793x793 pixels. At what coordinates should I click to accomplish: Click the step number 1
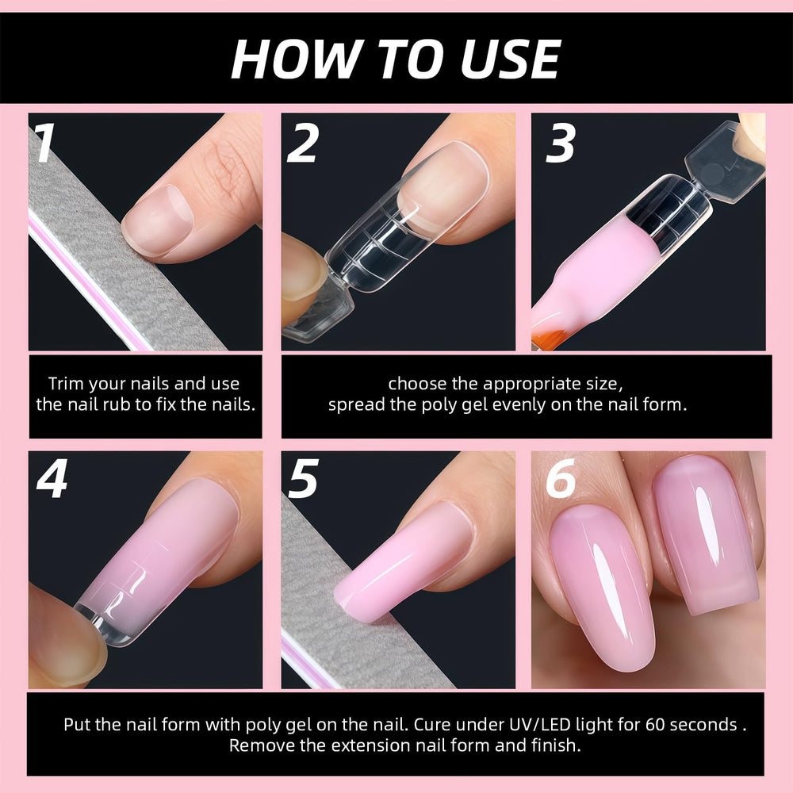click(x=44, y=143)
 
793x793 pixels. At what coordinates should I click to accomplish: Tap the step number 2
click(x=302, y=143)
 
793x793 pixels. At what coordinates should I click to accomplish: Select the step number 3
click(x=561, y=143)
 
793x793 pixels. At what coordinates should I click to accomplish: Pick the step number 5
click(x=303, y=478)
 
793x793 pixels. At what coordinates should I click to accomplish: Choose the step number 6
click(x=561, y=478)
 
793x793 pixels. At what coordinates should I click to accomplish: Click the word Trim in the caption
click(x=66, y=383)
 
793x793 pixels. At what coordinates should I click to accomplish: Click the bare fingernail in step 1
click(x=158, y=219)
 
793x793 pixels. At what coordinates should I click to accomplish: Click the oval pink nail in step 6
click(x=600, y=588)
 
